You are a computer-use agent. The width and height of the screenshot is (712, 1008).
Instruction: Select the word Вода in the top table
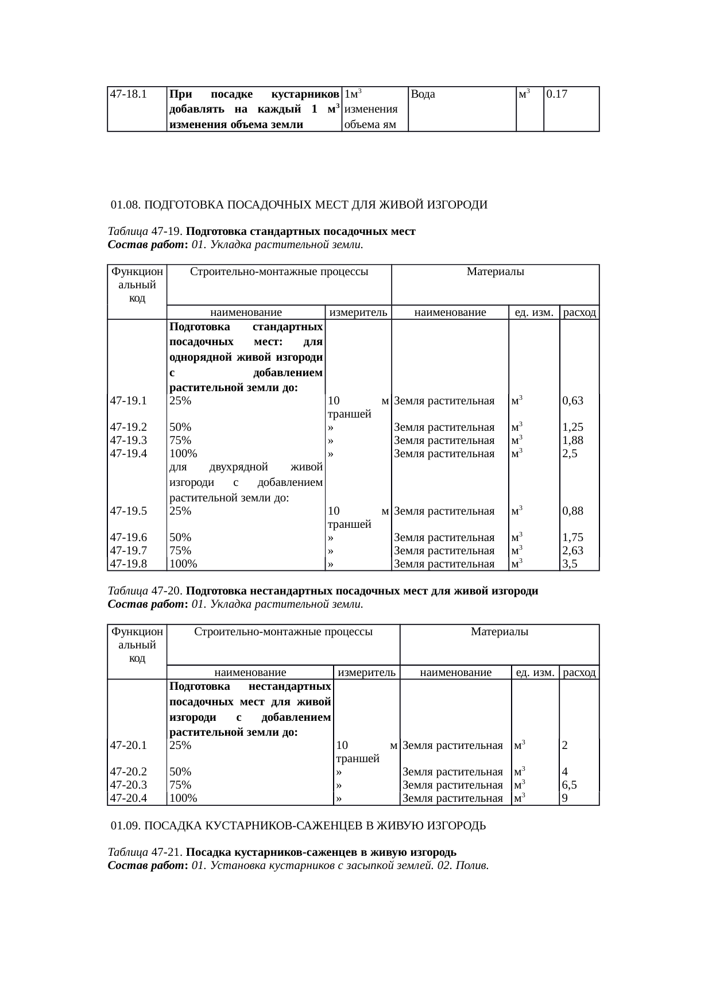(x=423, y=94)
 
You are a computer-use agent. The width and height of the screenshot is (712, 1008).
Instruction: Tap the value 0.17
(x=557, y=94)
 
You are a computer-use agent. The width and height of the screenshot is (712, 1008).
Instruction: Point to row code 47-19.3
(x=129, y=441)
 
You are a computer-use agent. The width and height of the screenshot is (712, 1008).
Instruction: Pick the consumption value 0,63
(x=573, y=401)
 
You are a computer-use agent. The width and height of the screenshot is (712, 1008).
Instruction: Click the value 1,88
(x=573, y=441)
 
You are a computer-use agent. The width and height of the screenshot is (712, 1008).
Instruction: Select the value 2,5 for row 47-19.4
(x=570, y=454)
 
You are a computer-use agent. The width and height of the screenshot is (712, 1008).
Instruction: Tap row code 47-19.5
(x=129, y=511)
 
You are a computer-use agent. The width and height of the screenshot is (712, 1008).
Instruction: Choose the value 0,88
(x=573, y=511)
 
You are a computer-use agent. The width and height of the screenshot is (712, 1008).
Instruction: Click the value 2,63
(x=573, y=551)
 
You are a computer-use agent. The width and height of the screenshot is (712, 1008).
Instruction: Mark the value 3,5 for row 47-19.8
(x=570, y=564)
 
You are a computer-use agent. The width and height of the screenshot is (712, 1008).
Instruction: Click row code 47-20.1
(x=129, y=746)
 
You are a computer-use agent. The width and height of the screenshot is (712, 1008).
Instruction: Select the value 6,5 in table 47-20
(x=570, y=785)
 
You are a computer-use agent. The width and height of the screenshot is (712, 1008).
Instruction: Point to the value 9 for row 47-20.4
(x=566, y=798)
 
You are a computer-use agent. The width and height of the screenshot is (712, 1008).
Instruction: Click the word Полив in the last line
(x=472, y=866)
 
